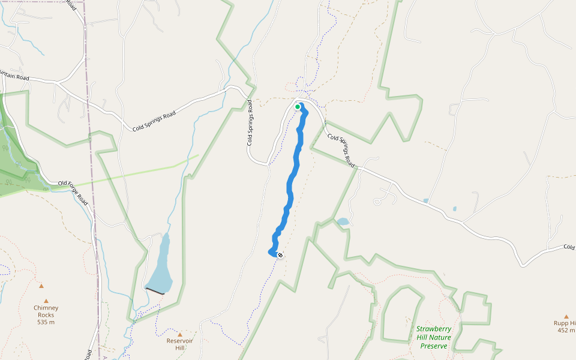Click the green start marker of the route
(298, 107)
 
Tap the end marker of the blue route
(280, 255)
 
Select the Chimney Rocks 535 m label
(46, 314)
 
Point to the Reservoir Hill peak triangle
(179, 334)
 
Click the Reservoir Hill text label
(179, 344)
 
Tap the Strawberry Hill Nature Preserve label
(434, 337)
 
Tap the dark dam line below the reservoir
(155, 291)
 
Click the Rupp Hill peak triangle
(566, 316)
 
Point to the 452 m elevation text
(566, 330)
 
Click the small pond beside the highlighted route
(343, 221)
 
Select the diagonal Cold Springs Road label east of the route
(342, 150)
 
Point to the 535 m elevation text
(46, 322)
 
